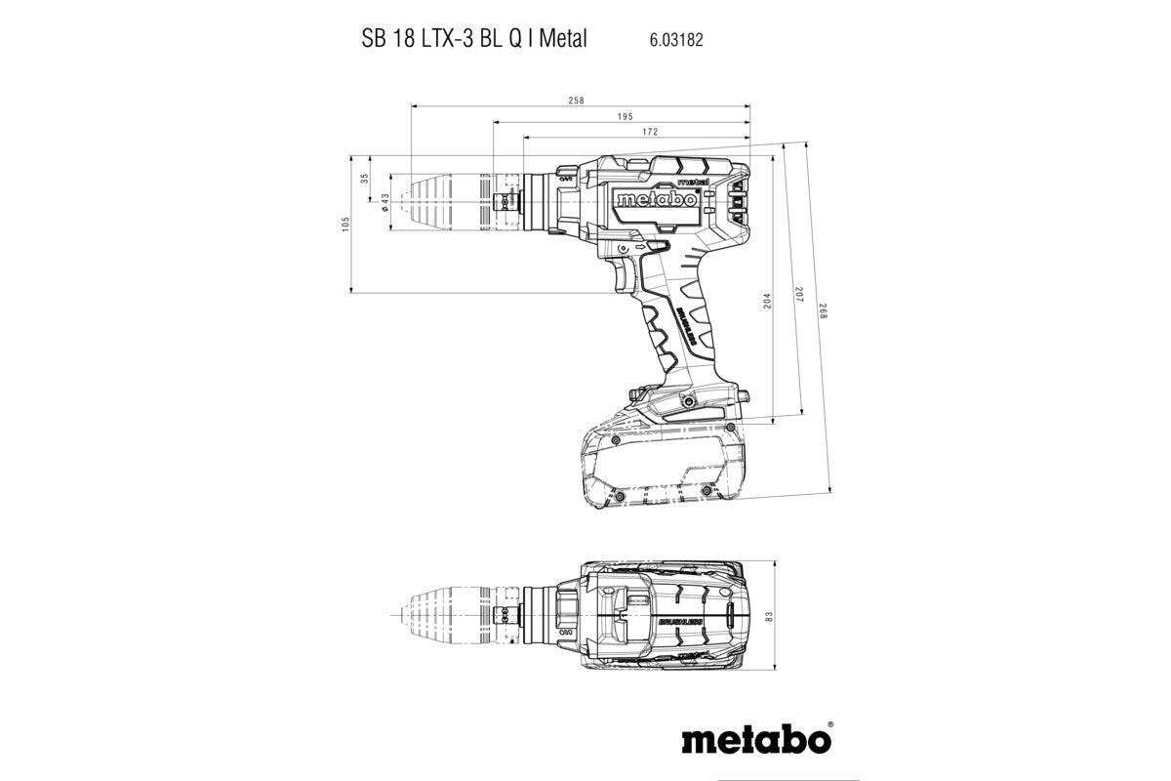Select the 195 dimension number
point(625,116)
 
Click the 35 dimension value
point(365,179)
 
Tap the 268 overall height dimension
point(822,313)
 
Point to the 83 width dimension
point(768,617)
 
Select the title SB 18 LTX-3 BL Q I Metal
point(468,40)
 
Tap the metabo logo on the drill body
point(655,199)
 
